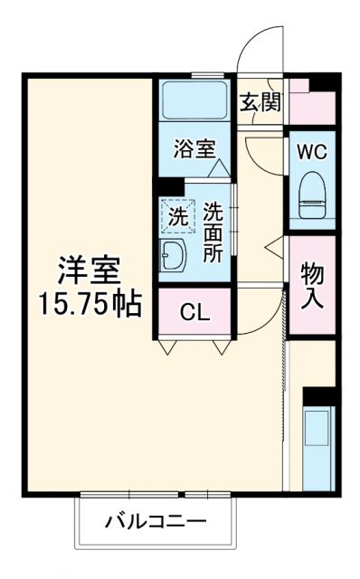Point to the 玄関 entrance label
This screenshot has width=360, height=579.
[x=260, y=101]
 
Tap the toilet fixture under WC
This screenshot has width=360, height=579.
[x=313, y=192]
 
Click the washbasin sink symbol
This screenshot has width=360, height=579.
[x=175, y=256]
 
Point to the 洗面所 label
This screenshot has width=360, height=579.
[x=213, y=233]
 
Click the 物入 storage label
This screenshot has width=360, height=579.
[x=313, y=284]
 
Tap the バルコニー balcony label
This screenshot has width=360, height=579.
[x=155, y=522]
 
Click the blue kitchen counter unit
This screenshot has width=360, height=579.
[x=319, y=449]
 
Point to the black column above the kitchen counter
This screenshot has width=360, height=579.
[x=319, y=395]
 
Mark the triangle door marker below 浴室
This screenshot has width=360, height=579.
[x=217, y=168]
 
